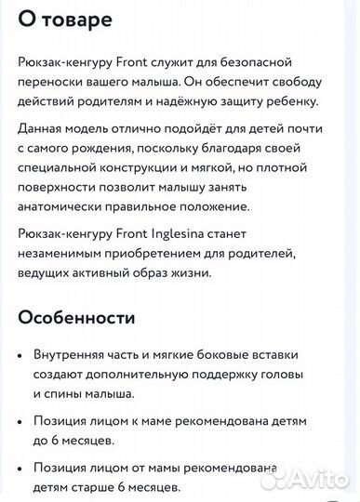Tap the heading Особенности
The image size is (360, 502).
click(x=76, y=317)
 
